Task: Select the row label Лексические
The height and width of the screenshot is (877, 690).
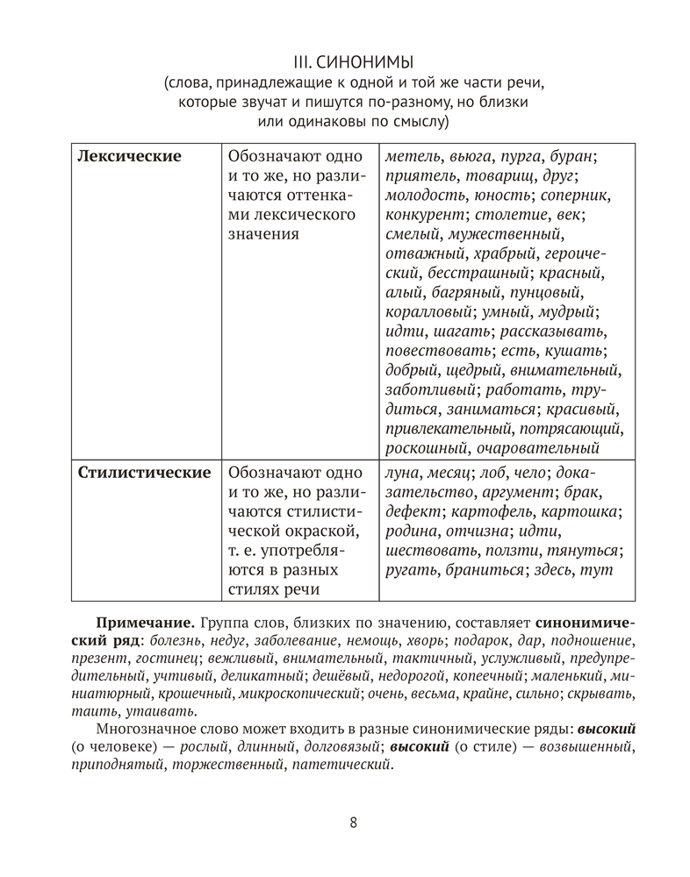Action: [129, 156]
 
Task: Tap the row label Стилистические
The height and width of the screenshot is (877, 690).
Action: [144, 473]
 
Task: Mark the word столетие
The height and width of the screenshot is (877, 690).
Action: [510, 215]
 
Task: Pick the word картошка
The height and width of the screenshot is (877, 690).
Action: [580, 512]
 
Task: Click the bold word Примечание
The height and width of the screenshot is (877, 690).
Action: [145, 621]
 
